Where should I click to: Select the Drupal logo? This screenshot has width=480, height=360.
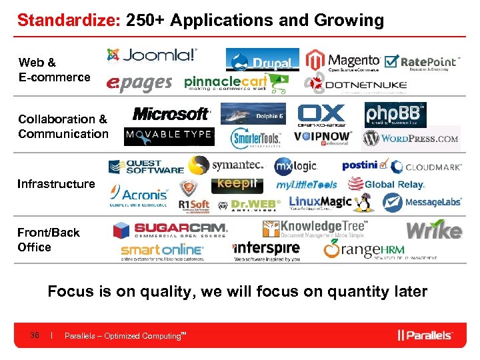click(262, 60)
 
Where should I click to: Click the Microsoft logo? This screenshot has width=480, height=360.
click(171, 113)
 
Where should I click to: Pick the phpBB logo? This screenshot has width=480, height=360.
click(395, 114)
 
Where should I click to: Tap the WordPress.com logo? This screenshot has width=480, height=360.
click(411, 139)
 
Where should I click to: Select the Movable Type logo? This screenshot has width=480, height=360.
click(169, 137)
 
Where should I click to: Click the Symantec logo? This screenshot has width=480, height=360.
click(227, 165)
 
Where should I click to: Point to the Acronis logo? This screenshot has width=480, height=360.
click(140, 195)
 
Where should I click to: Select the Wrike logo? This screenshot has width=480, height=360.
click(433, 231)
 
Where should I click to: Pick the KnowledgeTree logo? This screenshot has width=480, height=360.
click(315, 229)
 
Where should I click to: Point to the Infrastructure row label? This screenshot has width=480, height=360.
click(56, 183)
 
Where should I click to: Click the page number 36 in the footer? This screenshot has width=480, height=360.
click(35, 335)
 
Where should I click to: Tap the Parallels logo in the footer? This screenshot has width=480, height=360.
click(425, 335)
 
